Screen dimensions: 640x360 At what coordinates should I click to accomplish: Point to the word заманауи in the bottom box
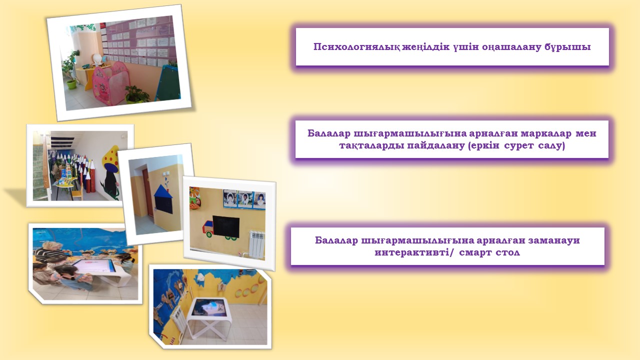click(x=554, y=240)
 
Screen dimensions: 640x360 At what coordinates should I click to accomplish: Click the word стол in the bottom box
click(x=507, y=253)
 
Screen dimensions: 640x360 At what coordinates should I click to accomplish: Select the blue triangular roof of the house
click(x=163, y=191)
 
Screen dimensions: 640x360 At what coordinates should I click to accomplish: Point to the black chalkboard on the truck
click(x=226, y=227)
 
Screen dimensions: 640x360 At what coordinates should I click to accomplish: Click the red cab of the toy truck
click(x=207, y=227)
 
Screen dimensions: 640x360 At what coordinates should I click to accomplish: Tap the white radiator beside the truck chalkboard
click(x=256, y=244)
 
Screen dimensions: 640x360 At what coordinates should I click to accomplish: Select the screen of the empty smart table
click(x=207, y=307)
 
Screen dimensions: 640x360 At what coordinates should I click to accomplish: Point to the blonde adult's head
click(x=51, y=247)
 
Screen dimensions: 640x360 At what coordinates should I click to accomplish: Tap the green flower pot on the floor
click(x=71, y=83)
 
